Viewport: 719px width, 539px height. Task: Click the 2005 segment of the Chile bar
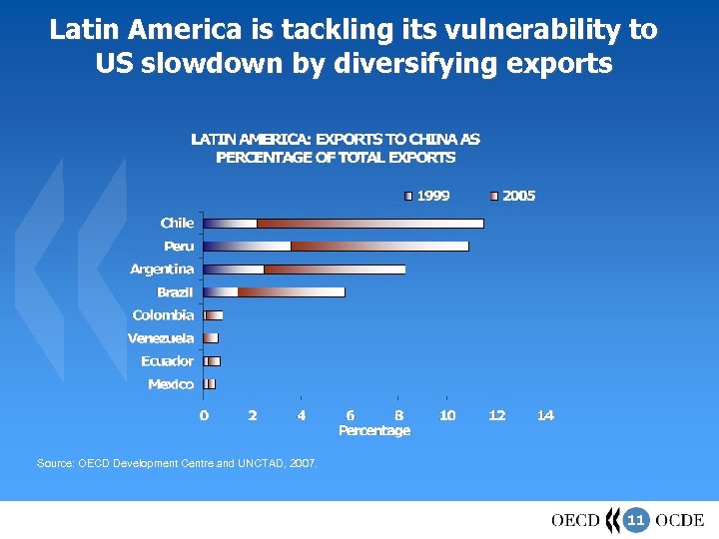pyautogui.click(x=369, y=223)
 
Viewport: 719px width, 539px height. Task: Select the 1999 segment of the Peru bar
pyautogui.click(x=247, y=246)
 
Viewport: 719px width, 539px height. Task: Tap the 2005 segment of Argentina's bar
pyautogui.click(x=335, y=269)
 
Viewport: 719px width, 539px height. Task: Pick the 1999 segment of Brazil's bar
pyautogui.click(x=221, y=291)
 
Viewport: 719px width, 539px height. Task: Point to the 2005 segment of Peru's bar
pyautogui.click(x=379, y=246)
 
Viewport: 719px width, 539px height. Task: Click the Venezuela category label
pyautogui.click(x=161, y=338)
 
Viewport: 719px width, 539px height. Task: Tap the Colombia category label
pyautogui.click(x=164, y=315)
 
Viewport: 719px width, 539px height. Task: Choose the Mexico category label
pyautogui.click(x=171, y=384)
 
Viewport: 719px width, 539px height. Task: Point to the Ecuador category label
pyautogui.click(x=167, y=361)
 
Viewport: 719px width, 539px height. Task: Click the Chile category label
pyautogui.click(x=177, y=223)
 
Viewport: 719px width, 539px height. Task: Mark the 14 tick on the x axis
pyautogui.click(x=545, y=415)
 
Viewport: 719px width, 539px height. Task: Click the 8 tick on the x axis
pyautogui.click(x=398, y=415)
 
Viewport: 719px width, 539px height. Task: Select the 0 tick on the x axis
pyautogui.click(x=204, y=415)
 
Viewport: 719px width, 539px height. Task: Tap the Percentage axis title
pyautogui.click(x=374, y=430)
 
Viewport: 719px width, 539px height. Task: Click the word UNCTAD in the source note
pyautogui.click(x=262, y=464)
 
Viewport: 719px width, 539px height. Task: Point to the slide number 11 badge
pyautogui.click(x=636, y=520)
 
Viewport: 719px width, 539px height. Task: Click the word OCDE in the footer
pyautogui.click(x=679, y=520)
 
